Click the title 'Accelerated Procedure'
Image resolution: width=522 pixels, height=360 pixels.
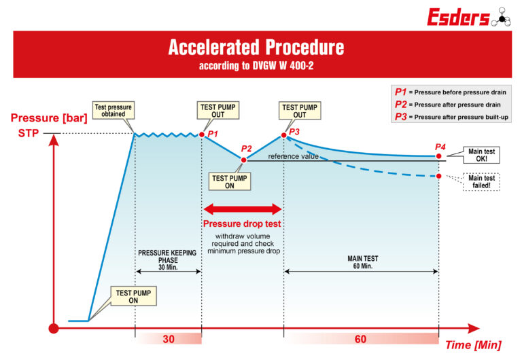[x=256, y=48]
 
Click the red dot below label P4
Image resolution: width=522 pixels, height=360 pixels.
[x=439, y=156]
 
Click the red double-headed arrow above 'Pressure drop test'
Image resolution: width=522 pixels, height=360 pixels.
[x=243, y=208]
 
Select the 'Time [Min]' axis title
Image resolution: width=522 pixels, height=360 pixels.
[x=473, y=345]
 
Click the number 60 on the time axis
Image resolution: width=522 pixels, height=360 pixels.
[x=361, y=338]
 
